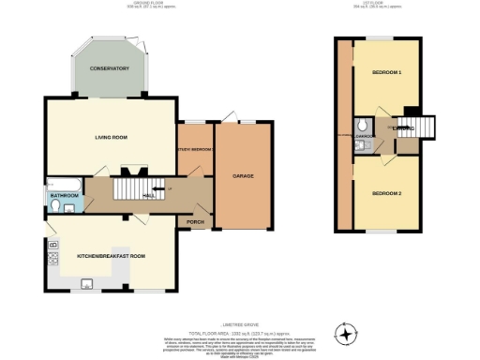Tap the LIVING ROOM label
[x=111, y=138]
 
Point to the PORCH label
[x=196, y=222]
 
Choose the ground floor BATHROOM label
[x=64, y=195]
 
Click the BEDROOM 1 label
[x=386, y=72]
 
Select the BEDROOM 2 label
[x=386, y=192]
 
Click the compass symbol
[x=348, y=333]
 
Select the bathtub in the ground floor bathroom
[x=63, y=183]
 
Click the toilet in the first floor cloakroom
[x=362, y=127]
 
